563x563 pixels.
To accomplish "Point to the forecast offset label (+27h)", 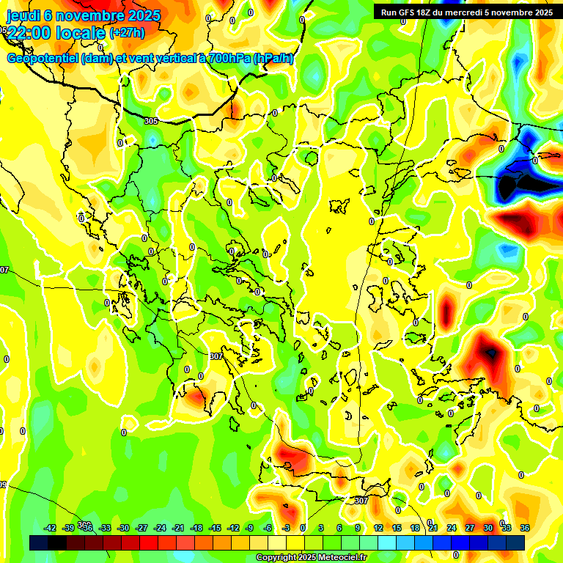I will point(127,33).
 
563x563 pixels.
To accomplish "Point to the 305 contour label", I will point(151,121).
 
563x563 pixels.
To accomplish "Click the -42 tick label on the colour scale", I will point(50,528).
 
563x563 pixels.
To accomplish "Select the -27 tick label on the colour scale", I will point(141,528).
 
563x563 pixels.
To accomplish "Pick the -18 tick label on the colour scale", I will point(196,528).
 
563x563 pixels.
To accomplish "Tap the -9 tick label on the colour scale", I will point(249,528).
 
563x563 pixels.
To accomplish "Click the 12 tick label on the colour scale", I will point(378,528).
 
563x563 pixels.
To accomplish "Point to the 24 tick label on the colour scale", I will point(451,528).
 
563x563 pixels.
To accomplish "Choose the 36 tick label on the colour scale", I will point(524,528).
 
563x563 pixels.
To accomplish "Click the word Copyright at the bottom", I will point(277,558).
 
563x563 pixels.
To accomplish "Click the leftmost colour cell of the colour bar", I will point(39,542).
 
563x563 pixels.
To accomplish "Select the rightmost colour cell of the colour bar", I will point(515,542).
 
